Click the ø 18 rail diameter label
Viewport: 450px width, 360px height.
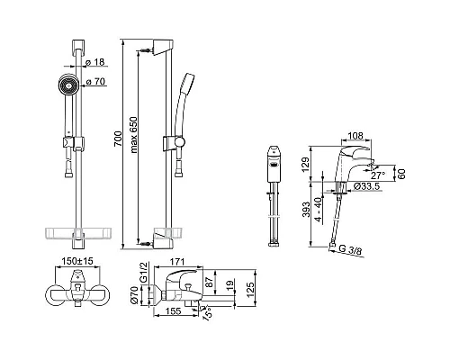pos(94,62)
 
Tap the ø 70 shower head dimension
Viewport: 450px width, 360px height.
pos(95,81)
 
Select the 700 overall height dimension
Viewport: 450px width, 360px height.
pos(119,139)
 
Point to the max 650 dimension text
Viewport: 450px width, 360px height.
pos(134,135)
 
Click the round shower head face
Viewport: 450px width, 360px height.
pos(68,85)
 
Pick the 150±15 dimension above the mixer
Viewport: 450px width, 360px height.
pos(77,261)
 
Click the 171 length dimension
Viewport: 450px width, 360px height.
pos(177,262)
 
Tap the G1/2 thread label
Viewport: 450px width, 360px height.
pos(144,272)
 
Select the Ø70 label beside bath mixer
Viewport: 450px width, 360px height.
pos(135,295)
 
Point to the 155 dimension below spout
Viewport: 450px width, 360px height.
pos(174,311)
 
